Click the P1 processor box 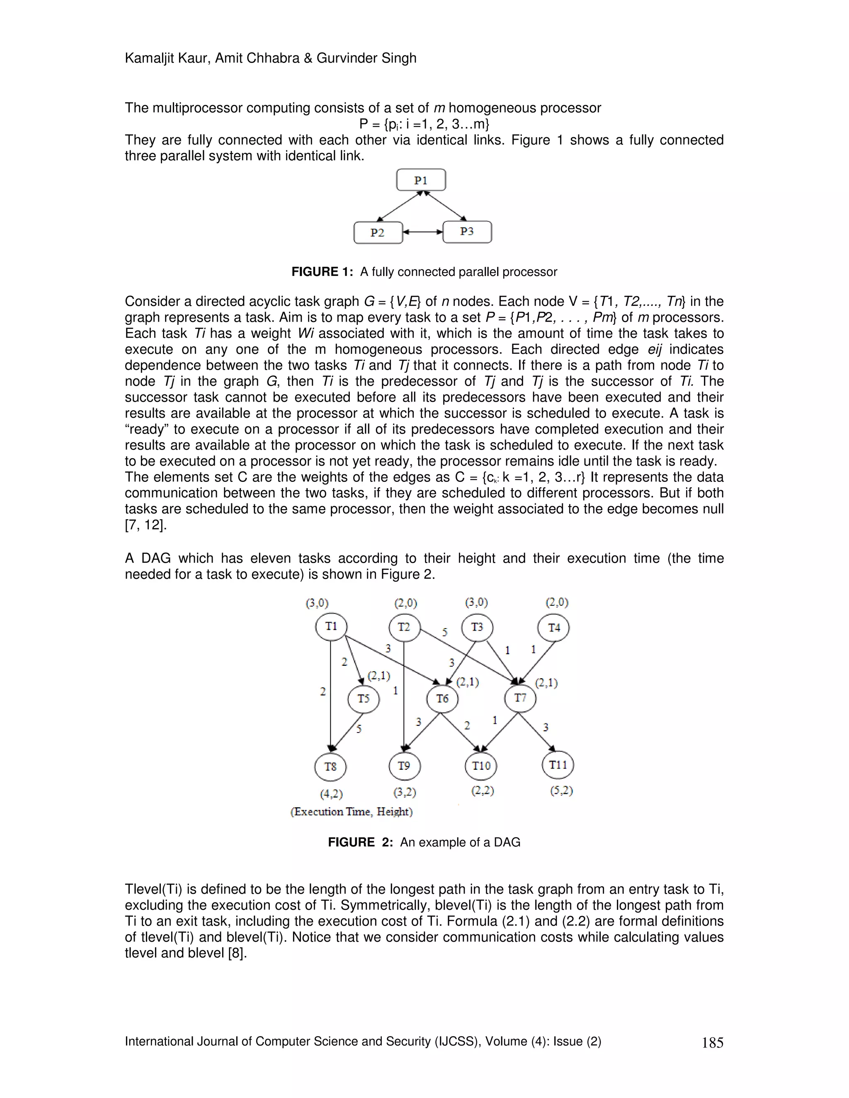tap(421, 180)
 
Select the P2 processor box tap(378, 233)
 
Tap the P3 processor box tap(467, 232)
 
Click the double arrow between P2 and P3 tap(422, 232)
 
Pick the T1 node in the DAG tap(331, 626)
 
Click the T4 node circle tap(554, 628)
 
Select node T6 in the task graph tap(442, 698)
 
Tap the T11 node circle tap(558, 765)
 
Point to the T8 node tap(330, 767)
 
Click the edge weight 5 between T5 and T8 tap(359, 729)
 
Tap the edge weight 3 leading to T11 tap(546, 727)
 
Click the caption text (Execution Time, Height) tap(352, 811)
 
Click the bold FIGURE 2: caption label tap(360, 842)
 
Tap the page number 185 tap(712, 1043)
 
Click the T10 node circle tap(481, 766)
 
